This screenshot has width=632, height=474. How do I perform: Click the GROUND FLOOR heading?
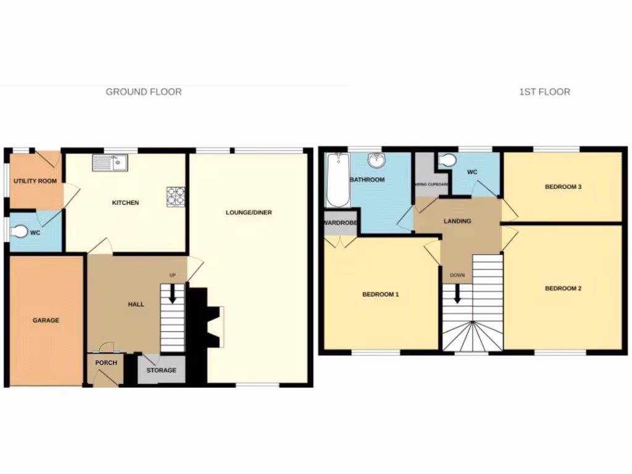(x=143, y=92)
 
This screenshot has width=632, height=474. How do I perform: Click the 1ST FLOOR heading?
(x=544, y=92)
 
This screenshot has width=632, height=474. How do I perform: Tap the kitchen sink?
(x=110, y=162)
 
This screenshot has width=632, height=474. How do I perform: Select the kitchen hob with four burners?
(x=175, y=195)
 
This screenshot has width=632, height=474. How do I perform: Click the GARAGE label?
(x=46, y=320)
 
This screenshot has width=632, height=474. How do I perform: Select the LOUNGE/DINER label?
(x=249, y=213)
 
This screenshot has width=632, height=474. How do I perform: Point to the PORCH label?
(x=106, y=363)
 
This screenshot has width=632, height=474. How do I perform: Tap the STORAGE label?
(x=161, y=370)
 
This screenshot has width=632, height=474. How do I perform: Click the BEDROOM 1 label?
(x=380, y=294)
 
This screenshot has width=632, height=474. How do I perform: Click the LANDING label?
(x=457, y=221)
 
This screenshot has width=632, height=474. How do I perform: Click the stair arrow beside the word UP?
(x=173, y=293)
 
